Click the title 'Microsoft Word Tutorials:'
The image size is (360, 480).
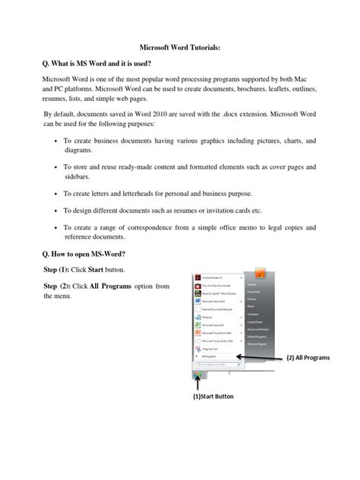click(179, 48)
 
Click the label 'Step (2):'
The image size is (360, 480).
click(62, 286)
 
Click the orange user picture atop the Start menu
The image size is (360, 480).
click(260, 273)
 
